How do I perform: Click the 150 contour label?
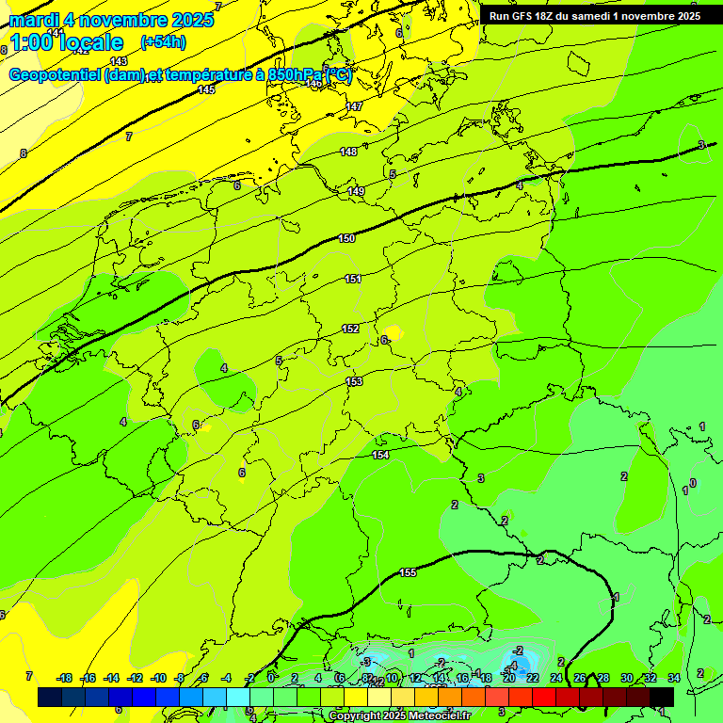pyautogui.click(x=346, y=239)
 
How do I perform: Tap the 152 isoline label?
pyautogui.click(x=350, y=329)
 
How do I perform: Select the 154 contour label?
pyautogui.click(x=380, y=455)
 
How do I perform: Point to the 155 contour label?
pyautogui.click(x=408, y=572)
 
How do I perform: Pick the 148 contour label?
pyautogui.click(x=348, y=152)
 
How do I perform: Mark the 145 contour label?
pyautogui.click(x=206, y=89)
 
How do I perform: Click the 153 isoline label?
pyautogui.click(x=354, y=381)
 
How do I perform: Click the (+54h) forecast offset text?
pyautogui.click(x=163, y=41)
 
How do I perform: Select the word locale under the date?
pyautogui.click(x=91, y=42)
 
